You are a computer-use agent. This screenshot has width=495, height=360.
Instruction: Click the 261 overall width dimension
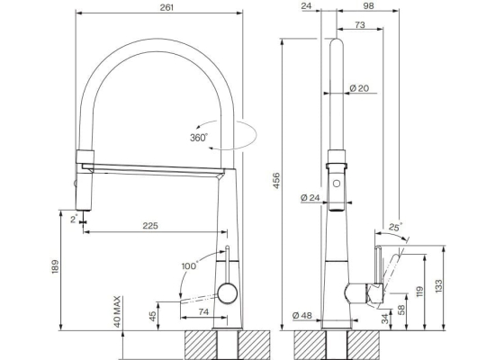166,7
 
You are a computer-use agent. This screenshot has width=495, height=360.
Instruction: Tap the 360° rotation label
199,138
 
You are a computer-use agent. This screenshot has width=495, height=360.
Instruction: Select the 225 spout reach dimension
150,226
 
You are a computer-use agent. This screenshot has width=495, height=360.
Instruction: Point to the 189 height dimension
55,266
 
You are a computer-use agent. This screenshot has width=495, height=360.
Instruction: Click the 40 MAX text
117,311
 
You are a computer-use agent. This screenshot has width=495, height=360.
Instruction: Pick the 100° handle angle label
189,265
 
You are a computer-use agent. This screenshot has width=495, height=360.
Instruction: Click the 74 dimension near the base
203,311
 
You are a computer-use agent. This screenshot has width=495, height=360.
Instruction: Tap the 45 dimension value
152,316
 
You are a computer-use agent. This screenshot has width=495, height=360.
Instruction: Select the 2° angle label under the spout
74,219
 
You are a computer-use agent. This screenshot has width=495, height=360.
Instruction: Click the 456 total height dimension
276,181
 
